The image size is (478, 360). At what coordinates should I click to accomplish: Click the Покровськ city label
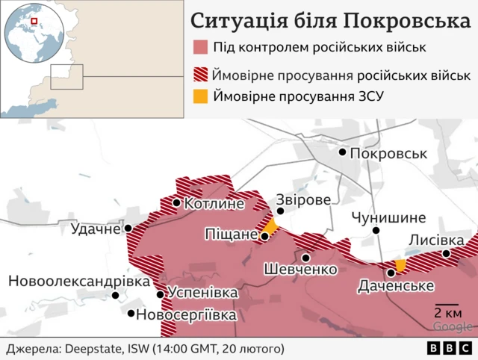(388, 153)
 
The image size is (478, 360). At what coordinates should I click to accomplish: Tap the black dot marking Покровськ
(343, 152)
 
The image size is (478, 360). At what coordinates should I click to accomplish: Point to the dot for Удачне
(128, 229)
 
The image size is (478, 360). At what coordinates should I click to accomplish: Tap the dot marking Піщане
(264, 236)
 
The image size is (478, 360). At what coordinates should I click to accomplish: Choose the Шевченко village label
(300, 270)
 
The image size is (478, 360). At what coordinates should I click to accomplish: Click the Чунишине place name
(388, 218)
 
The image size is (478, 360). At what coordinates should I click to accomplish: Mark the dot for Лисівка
(446, 254)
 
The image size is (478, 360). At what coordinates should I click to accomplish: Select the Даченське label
(396, 286)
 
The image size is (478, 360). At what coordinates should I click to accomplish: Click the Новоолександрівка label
(78, 281)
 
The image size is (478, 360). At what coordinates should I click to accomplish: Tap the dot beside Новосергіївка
(131, 314)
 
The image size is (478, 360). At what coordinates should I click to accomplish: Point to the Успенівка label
(203, 293)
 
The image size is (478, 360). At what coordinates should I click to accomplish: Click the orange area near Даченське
(400, 265)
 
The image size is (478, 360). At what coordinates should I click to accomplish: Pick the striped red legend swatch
(200, 75)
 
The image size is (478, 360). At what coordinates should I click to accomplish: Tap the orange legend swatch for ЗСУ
(200, 96)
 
